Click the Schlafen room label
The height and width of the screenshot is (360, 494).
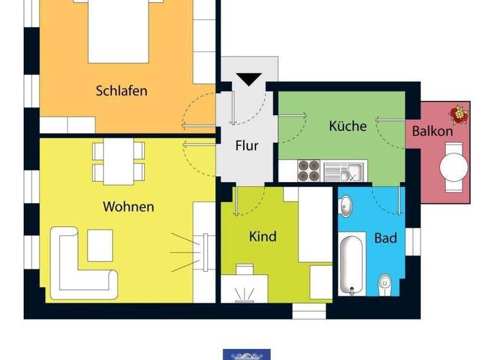coord(122,90)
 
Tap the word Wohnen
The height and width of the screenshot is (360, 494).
coord(128,206)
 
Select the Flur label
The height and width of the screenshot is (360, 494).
coord(247,145)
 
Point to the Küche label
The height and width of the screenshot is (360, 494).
coord(347,126)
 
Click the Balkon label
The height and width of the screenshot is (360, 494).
coord(432,130)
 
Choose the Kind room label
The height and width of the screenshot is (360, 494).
coord(262,237)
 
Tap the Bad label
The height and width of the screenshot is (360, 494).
coord(385,238)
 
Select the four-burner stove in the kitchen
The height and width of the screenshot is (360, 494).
coord(309,170)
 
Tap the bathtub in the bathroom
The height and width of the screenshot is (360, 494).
coord(352,264)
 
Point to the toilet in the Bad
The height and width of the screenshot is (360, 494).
coord(385,282)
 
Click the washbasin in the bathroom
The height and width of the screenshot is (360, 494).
coord(345,205)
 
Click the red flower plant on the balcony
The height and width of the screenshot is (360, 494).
coord(459,114)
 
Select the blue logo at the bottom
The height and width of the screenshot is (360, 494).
coord(247,354)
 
